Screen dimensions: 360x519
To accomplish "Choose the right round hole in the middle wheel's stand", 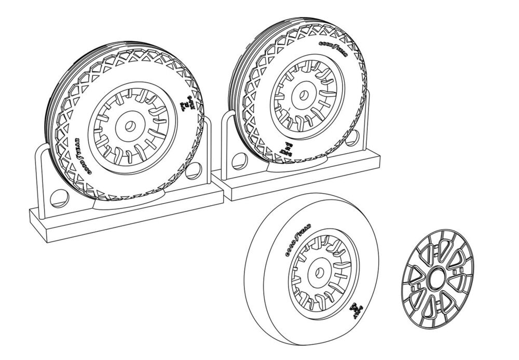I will coord(354,137).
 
